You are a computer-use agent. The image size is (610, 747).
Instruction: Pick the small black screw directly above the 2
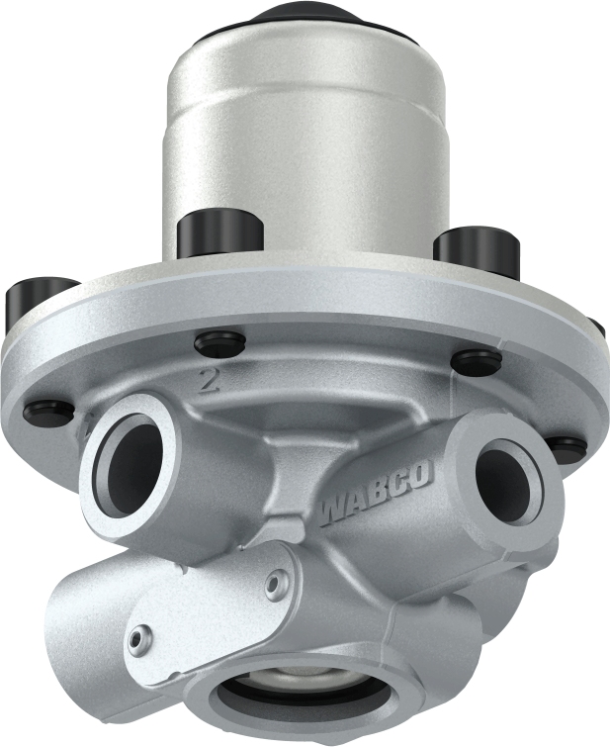(x=219, y=343)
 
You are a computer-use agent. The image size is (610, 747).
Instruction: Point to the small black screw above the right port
(x=476, y=362)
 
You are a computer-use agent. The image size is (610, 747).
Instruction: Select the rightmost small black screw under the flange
(x=566, y=447)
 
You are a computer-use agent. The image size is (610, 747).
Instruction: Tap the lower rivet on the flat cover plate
(x=145, y=635)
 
